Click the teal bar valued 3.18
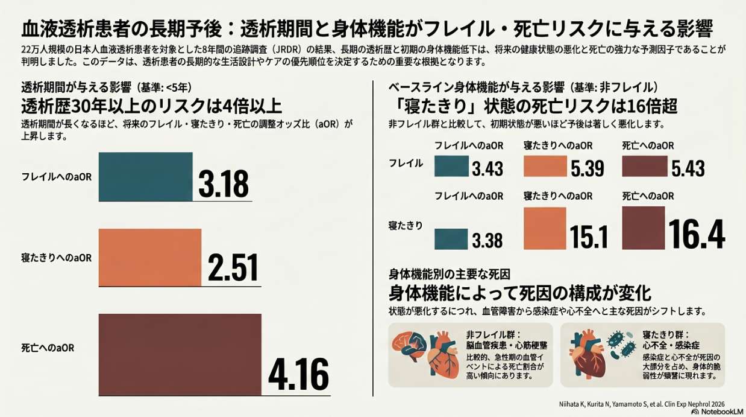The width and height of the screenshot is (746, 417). coord(146,177)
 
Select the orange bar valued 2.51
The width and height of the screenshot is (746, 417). coord(150,257)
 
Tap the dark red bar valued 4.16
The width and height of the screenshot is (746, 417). coord(180,355)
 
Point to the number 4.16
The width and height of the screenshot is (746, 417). coord(298,374)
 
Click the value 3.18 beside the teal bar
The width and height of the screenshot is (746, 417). coord(224,183)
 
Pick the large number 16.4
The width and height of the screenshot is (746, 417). coord(697,234)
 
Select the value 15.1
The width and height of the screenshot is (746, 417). coord(589,237)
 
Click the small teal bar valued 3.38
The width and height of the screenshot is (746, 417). coord(451,239)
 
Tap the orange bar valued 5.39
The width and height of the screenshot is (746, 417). coord(545,166)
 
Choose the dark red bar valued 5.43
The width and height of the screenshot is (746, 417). coord(645,166)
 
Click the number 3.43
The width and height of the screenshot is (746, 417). coord(487,168)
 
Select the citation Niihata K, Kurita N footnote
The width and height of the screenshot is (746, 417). coord(642,404)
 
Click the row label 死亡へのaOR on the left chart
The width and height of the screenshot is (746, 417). coord(48,348)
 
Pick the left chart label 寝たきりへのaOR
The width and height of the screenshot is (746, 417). coord(56,258)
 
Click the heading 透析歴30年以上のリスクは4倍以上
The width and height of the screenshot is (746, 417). coord(152,106)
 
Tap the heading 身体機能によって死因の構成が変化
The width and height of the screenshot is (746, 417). coord(520,293)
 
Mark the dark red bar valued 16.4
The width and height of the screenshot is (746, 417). coord(644,228)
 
